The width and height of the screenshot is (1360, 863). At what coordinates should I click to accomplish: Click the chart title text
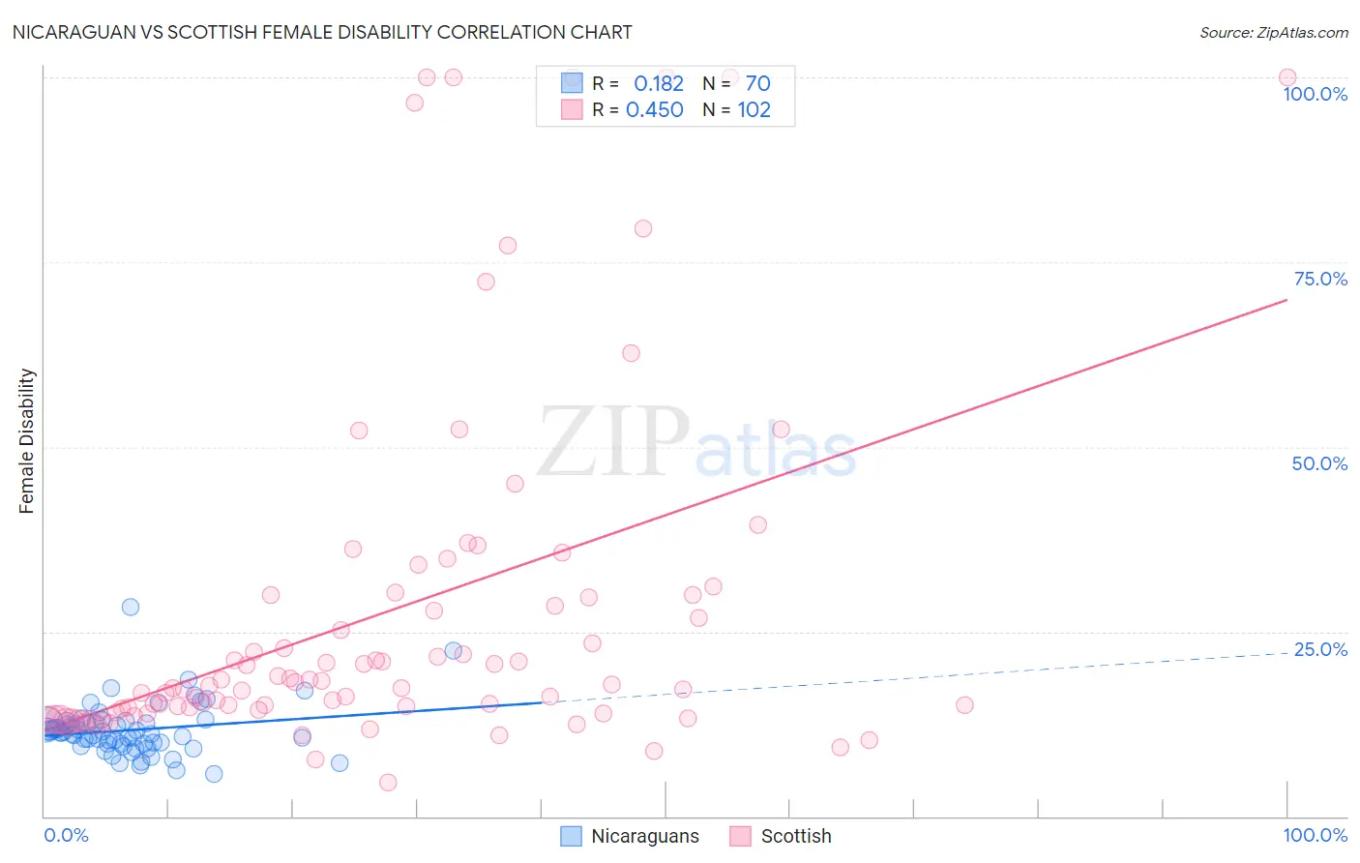[322, 32]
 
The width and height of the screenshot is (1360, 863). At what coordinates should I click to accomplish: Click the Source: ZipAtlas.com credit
[1273, 32]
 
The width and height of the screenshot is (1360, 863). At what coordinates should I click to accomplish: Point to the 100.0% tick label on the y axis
[1315, 94]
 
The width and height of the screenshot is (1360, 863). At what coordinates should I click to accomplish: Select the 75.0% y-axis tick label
[1320, 279]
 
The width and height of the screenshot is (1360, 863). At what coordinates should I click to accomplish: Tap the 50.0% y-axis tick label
[1319, 463]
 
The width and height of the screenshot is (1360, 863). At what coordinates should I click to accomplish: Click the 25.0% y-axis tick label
[1320, 649]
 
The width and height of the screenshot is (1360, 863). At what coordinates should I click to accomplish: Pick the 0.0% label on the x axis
[66, 835]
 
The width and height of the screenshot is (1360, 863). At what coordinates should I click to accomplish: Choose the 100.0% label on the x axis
[1315, 835]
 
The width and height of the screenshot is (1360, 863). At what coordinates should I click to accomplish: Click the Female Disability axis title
[27, 440]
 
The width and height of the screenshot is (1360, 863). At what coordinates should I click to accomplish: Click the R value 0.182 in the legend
[659, 84]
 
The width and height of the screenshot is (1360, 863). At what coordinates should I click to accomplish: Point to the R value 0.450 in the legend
[655, 110]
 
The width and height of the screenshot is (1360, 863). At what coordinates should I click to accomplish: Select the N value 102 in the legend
[754, 110]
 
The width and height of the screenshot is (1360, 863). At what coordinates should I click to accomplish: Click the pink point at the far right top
[1286, 77]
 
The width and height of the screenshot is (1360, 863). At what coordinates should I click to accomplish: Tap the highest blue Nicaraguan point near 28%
[131, 607]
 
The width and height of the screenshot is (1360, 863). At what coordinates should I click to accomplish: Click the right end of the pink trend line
[1286, 300]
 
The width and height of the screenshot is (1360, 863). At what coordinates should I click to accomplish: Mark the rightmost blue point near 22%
[453, 651]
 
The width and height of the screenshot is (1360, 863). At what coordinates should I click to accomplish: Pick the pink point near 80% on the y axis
[643, 228]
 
